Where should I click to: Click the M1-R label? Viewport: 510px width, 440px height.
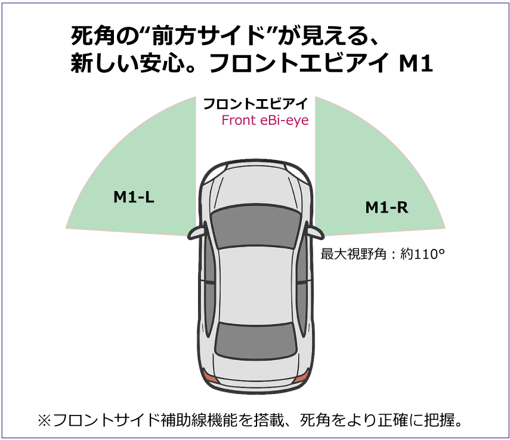pyautogui.click(x=387, y=207)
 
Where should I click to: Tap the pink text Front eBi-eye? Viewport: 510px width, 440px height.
pyautogui.click(x=265, y=120)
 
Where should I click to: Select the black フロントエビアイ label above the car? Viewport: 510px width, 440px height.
pyautogui.click(x=256, y=104)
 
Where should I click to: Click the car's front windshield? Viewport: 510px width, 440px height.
pyautogui.click(x=256, y=227)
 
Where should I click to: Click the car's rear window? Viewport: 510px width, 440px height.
pyautogui.click(x=256, y=344)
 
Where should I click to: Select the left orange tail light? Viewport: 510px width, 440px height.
pyautogui.click(x=210, y=377)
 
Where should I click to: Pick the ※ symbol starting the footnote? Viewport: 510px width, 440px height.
pyautogui.click(x=45, y=420)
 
